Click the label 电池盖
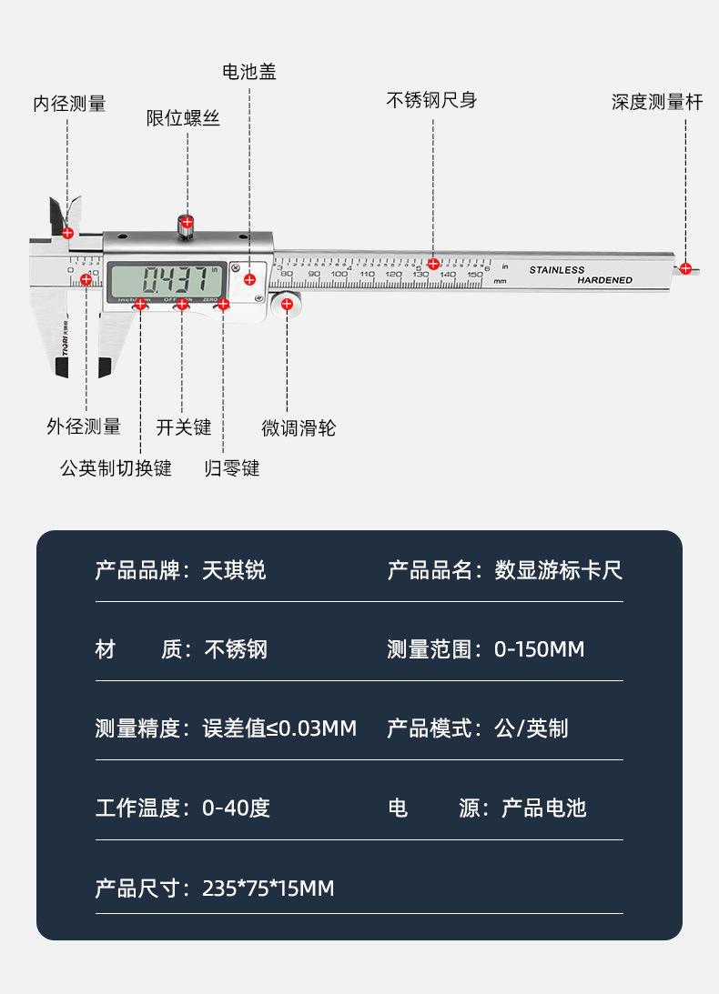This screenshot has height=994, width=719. (x=249, y=72)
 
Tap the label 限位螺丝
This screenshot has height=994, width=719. (x=183, y=118)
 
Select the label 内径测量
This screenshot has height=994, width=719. (x=70, y=104)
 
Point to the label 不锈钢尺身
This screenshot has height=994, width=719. (x=431, y=100)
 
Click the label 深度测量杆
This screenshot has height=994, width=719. (x=657, y=102)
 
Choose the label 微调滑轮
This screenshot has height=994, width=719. (x=299, y=427)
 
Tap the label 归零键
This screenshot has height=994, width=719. (x=232, y=468)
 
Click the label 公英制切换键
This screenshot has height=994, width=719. (x=116, y=468)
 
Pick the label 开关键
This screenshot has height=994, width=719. (x=183, y=427)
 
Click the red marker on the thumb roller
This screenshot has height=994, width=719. (x=288, y=305)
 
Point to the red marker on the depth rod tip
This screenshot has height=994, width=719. (x=685, y=267)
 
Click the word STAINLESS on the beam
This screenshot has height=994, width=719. (x=557, y=270)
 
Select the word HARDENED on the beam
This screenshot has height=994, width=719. (x=604, y=280)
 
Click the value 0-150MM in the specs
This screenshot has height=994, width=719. (x=539, y=649)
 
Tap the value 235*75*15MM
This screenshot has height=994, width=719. (x=268, y=888)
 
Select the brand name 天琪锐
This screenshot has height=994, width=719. (x=234, y=570)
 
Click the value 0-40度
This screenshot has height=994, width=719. (x=236, y=808)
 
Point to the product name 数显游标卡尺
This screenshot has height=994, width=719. (x=558, y=570)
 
